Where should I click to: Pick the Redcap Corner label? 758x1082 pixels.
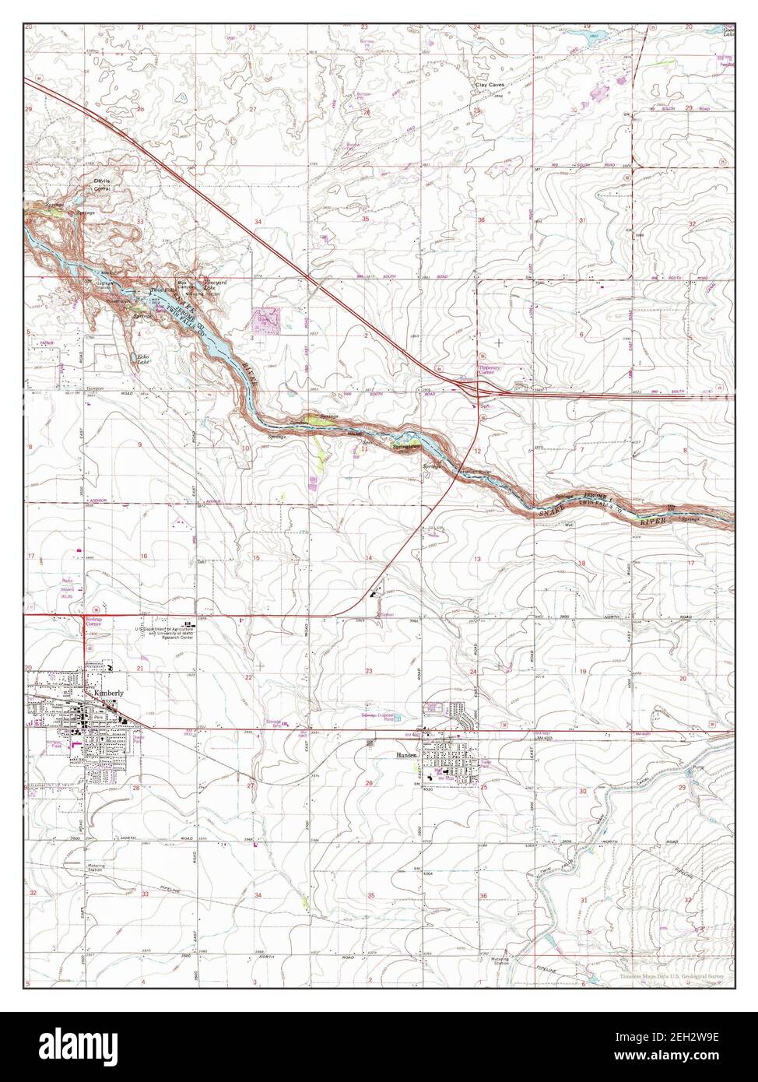93,622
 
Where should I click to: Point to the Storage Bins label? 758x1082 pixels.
273,723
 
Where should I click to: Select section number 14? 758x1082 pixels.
369,557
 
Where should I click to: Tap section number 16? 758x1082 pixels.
143,556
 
